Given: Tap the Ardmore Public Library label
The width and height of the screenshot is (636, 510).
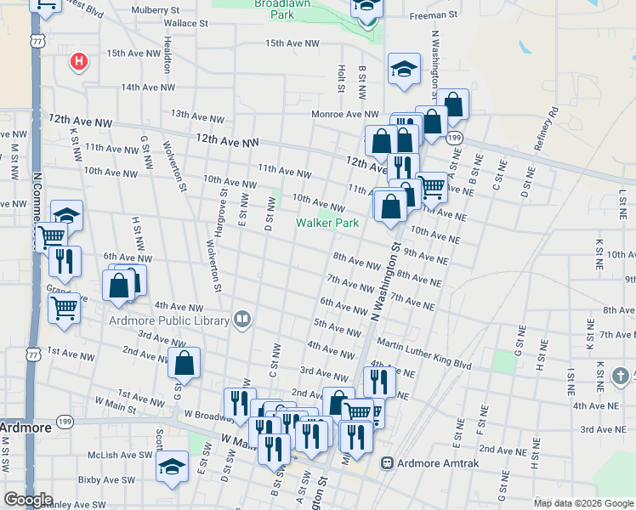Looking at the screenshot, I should (x=169, y=320).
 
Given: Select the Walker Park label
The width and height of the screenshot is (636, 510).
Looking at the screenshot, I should (x=327, y=223).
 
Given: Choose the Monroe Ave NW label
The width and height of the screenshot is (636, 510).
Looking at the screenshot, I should (x=345, y=114).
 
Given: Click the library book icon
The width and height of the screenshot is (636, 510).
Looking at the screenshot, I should (x=242, y=320).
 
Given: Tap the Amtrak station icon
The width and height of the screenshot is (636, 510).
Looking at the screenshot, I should (x=387, y=463).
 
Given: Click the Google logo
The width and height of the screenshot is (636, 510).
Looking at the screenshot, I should (x=28, y=500).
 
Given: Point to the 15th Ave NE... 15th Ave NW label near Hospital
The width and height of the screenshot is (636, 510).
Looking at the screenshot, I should (x=133, y=53).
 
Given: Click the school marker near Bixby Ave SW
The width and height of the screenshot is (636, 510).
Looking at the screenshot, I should (x=172, y=467).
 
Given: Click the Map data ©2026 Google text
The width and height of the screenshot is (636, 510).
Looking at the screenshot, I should (x=583, y=502).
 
